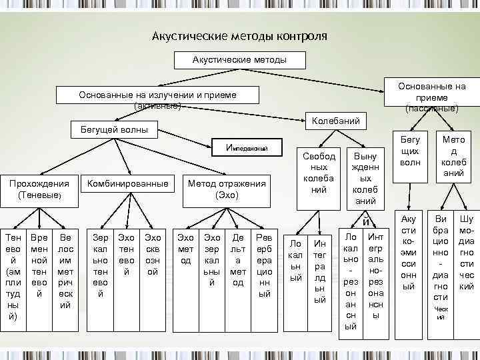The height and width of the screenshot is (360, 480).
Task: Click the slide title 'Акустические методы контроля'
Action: click(x=239, y=35)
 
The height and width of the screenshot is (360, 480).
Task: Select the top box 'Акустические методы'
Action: click(x=239, y=60)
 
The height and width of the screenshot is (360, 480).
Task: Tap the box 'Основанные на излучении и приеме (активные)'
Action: click(x=157, y=99)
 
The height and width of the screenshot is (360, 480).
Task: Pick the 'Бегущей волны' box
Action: click(x=114, y=129)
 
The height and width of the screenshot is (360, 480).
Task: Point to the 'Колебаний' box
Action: click(x=336, y=121)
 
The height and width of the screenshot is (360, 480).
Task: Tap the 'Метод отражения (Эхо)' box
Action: click(x=227, y=190)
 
